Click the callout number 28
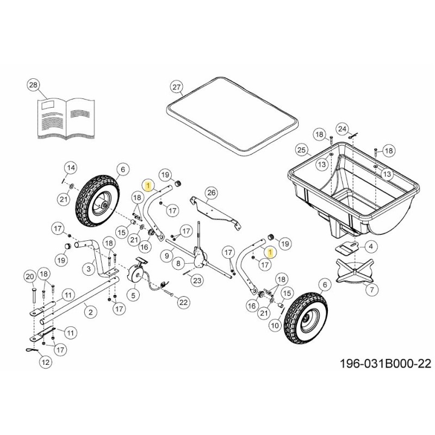coord(34,85)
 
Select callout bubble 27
coord(176,88)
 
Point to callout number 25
coord(302,150)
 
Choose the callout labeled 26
coord(212,192)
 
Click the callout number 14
coord(71,166)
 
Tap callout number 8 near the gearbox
coord(177,263)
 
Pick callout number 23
coord(197,281)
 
